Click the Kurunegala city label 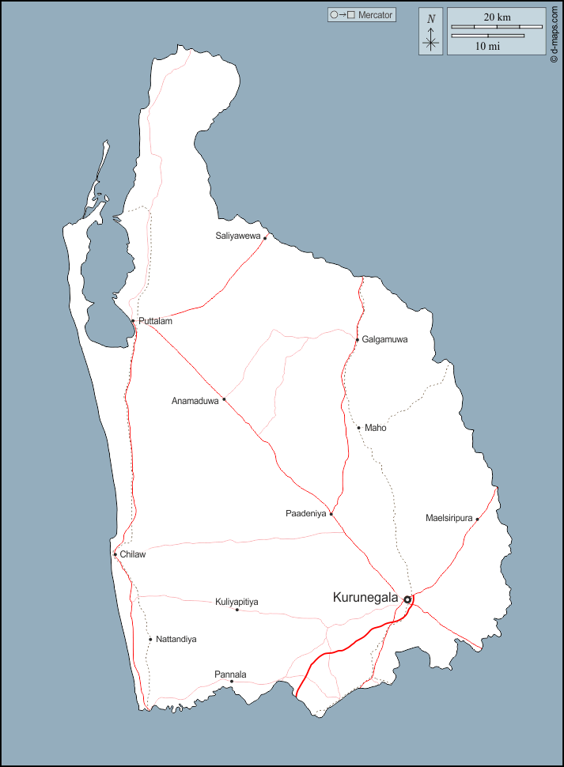tap(365, 598)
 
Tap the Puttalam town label tap(155, 321)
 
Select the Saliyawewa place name tap(238, 236)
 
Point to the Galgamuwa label tap(384, 339)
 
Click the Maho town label tap(375, 428)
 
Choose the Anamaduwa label tap(195, 401)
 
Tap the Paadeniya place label tap(305, 513)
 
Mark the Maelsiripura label tap(449, 518)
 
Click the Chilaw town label tap(133, 554)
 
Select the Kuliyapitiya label tap(237, 602)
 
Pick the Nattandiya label tap(176, 639)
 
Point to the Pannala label tap(230, 674)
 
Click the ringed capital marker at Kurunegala tap(407, 599)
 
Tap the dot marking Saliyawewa tap(265, 237)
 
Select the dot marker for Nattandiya tap(150, 639)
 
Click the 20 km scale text tap(497, 17)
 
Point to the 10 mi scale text tap(487, 46)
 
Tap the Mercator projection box tap(362, 15)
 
